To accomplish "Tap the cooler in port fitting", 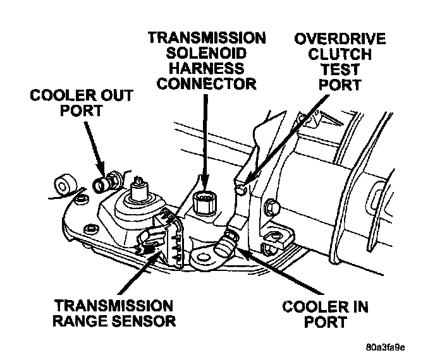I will pyautogui.click(x=226, y=243).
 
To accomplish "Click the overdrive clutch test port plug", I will pyautogui.click(x=241, y=187).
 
